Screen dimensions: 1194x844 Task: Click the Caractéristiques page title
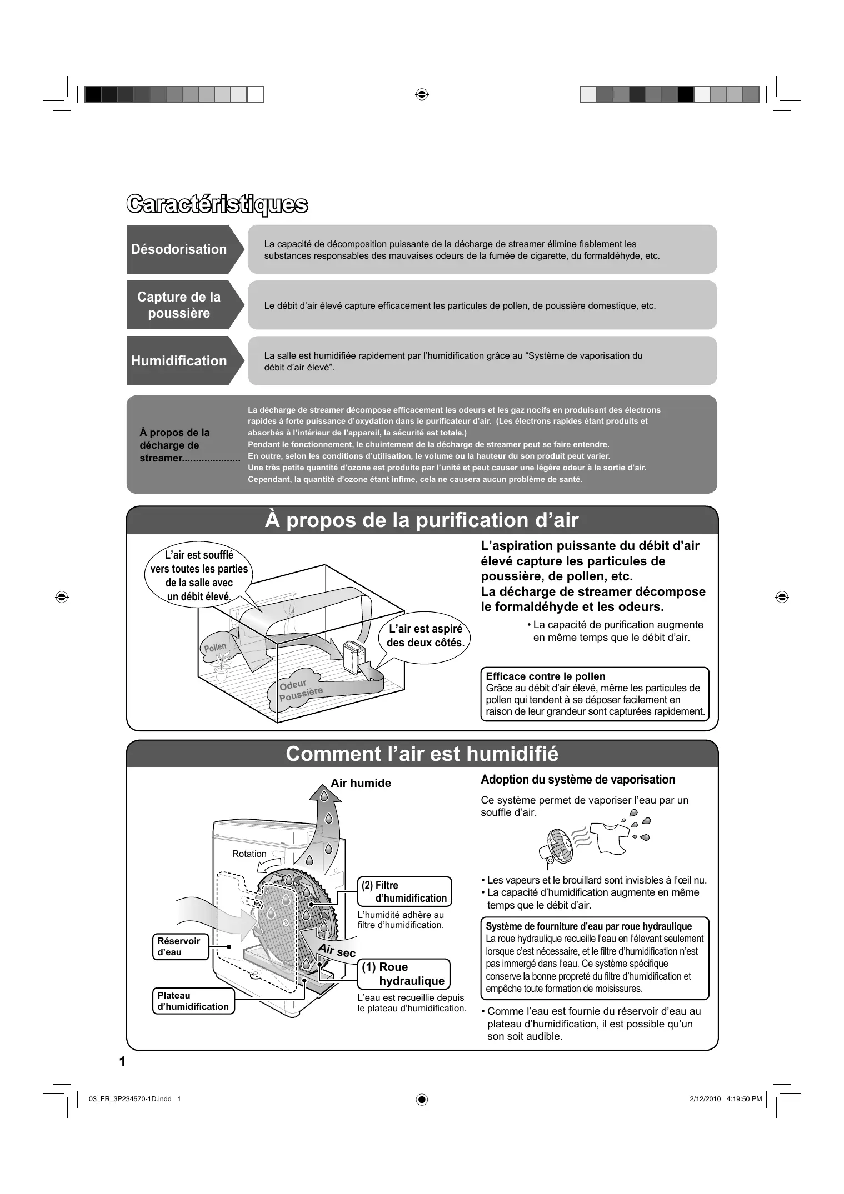tap(217, 204)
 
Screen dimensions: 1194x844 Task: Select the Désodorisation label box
tap(179, 249)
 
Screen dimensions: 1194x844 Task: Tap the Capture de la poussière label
tap(179, 305)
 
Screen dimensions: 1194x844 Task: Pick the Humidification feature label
tap(179, 361)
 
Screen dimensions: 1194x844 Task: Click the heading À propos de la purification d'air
tap(422, 520)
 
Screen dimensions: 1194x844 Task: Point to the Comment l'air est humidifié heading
tap(422, 754)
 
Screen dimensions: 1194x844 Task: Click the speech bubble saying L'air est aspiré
tap(425, 636)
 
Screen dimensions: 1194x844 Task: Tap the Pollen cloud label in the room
tap(215, 648)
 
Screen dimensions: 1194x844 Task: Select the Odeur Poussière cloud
tap(300, 690)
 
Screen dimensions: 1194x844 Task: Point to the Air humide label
tap(361, 783)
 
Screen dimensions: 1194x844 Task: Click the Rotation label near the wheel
tap(249, 854)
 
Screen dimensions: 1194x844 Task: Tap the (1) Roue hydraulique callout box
tap(403, 974)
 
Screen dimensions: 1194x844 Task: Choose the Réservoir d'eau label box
tap(180, 946)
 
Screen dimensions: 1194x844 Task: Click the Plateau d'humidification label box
tap(193, 1001)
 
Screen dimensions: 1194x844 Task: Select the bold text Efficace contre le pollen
tap(545, 676)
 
